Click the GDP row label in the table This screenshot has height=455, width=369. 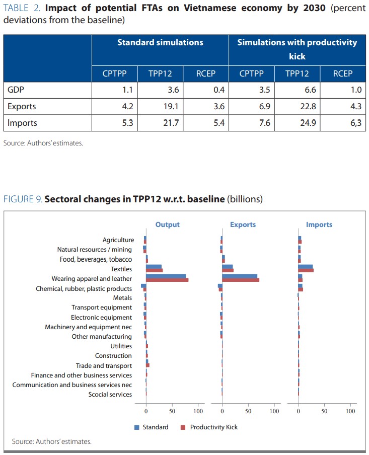pos(16,91)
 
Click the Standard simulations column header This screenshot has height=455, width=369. pos(160,42)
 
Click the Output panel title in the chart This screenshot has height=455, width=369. pos(167,224)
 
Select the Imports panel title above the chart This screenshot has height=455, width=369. pos(319,224)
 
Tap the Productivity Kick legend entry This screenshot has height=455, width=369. pos(213,427)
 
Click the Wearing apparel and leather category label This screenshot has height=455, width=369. pos(92,278)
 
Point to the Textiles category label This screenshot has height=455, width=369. pos(121,269)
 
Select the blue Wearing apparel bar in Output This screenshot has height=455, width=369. pos(166,276)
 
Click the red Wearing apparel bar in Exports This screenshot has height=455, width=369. pos(241,280)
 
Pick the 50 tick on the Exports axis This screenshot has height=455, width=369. pos(248,411)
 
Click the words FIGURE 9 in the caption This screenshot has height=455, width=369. pos(22,199)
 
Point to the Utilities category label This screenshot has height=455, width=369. pos(121,346)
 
